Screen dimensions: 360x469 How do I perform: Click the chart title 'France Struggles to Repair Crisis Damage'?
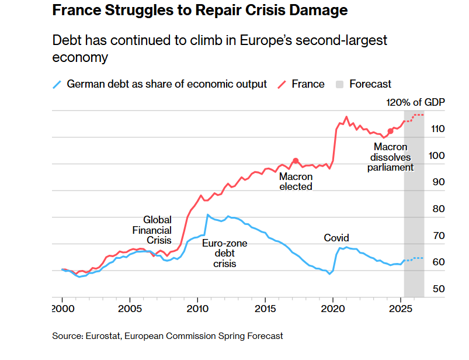[200, 11]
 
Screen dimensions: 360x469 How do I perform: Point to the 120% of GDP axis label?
[415, 103]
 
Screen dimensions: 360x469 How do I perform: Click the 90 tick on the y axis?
[438, 182]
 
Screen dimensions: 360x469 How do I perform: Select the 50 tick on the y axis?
[438, 289]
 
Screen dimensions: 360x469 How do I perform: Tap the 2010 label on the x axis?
[197, 307]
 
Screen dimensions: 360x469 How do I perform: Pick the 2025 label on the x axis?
[400, 307]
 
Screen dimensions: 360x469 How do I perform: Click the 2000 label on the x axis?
[62, 307]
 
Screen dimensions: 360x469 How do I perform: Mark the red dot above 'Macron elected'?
[296, 161]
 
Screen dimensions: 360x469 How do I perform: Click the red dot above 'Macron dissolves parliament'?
[390, 131]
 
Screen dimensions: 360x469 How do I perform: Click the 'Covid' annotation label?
[336, 238]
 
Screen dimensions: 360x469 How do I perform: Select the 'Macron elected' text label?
[296, 182]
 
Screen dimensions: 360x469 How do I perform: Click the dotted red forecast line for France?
[416, 115]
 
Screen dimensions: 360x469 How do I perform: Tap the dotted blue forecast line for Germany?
[416, 258]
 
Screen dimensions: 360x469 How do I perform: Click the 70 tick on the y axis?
[438, 236]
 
